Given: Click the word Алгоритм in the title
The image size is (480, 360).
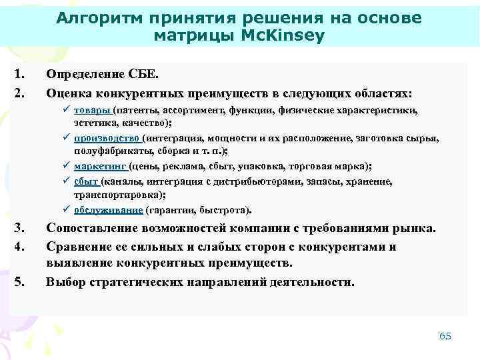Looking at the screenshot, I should point(98,18).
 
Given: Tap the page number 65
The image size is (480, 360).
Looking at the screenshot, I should point(445,335).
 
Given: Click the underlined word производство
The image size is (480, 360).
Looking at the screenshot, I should point(107,138).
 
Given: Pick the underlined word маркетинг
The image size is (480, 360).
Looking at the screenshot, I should point(100,166).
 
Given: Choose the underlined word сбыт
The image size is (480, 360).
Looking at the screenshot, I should point(86,181).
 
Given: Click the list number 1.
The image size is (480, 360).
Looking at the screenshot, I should point(19,75).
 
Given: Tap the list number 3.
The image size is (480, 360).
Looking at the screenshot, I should point(19,229).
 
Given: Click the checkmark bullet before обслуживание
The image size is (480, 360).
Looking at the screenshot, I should point(67,209).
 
